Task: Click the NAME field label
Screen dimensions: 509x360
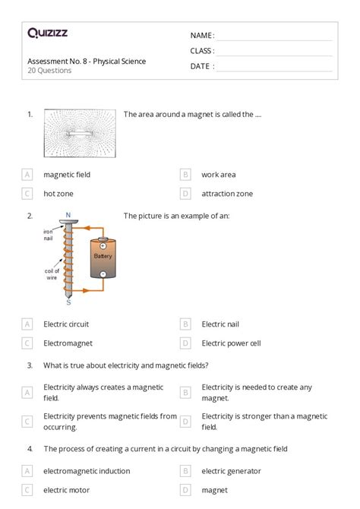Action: [202, 36]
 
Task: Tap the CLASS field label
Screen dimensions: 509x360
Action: [202, 51]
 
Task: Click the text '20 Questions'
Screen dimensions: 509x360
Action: [49, 71]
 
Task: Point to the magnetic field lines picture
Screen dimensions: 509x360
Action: [79, 134]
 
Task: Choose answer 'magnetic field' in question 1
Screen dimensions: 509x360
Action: [67, 174]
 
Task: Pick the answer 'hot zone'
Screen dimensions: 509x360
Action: [58, 194]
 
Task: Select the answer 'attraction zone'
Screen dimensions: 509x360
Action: [227, 194]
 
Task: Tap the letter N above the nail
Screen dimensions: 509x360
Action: [68, 215]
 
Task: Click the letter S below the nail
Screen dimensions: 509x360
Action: [68, 302]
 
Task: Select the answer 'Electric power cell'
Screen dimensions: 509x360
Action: [231, 343]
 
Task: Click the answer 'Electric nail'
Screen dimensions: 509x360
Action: [220, 324]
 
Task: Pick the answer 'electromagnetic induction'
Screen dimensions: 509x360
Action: [87, 471]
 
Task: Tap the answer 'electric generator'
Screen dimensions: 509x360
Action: [231, 471]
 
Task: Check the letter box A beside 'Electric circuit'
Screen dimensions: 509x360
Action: [28, 324]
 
